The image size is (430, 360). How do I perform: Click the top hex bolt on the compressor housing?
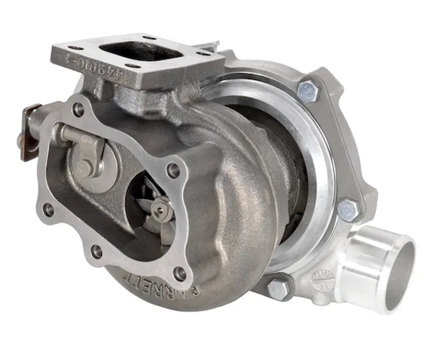308,90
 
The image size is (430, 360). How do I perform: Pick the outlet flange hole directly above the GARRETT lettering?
180,274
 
